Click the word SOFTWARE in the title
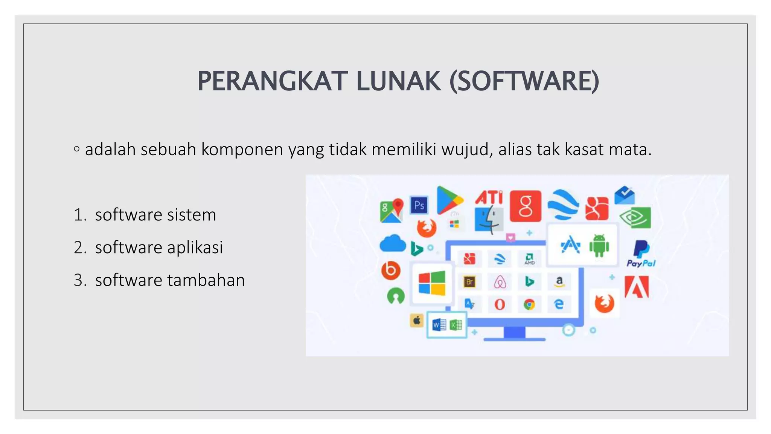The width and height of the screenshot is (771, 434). pos(524,81)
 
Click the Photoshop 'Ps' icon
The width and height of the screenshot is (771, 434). pos(419,205)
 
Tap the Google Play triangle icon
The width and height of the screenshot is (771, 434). pos(448,200)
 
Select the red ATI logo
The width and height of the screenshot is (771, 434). pos(489,197)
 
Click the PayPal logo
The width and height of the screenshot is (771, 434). pos(641,254)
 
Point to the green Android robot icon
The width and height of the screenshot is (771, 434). pos(599,246)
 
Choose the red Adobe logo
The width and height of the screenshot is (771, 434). pos(637,287)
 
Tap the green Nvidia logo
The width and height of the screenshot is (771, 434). pos(635,217)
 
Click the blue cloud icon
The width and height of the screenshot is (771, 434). pos(392,243)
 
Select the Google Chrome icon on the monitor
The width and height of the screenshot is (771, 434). pos(529,304)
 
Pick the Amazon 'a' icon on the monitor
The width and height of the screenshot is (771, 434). pos(559,281)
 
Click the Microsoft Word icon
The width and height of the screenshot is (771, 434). pos(439,325)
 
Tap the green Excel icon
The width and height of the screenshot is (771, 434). pos(456,325)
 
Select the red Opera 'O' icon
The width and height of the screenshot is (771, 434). pos(500,304)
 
